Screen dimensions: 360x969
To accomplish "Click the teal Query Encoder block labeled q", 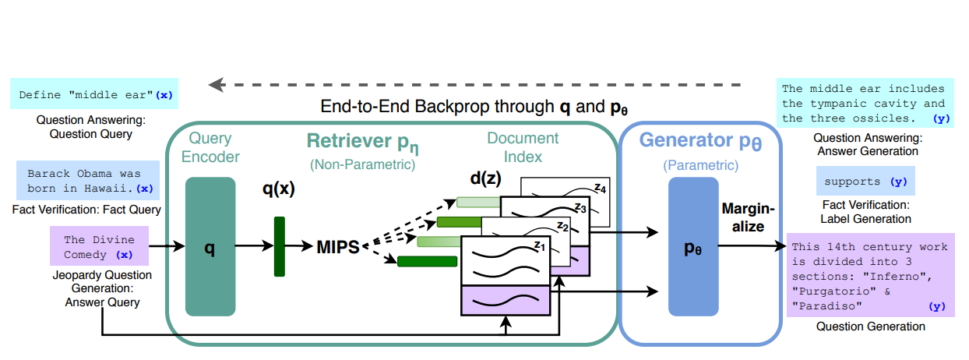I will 210,246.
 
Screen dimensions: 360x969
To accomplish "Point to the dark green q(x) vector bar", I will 280,246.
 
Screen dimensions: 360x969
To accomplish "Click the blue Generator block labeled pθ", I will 692,246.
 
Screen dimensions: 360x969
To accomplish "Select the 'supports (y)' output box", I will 865,182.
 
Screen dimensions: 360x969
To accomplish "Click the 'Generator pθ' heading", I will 699,141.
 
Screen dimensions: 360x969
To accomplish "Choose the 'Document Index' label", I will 523,147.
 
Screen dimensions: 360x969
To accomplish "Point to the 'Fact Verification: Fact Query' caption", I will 86,210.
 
